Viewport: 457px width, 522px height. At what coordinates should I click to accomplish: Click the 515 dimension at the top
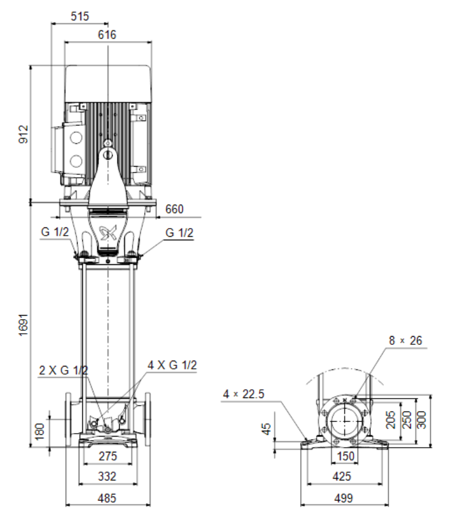click(x=80, y=16)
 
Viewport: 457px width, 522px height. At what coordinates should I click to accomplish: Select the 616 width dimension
click(x=107, y=34)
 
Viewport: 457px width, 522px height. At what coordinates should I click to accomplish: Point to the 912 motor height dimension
click(x=23, y=134)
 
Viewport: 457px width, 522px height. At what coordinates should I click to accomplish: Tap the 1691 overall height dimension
click(x=23, y=325)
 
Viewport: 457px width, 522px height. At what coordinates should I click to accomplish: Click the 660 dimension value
click(x=174, y=209)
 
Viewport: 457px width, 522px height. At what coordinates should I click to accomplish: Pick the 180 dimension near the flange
click(x=39, y=431)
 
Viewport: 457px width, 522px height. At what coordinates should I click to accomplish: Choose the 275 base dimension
click(x=108, y=456)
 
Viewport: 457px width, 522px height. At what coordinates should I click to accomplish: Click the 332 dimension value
click(x=107, y=476)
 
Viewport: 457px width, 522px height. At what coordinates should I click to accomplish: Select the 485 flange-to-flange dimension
click(x=107, y=499)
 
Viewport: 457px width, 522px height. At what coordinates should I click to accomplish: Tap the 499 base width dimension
click(x=344, y=499)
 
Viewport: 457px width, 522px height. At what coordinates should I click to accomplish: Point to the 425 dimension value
click(x=342, y=476)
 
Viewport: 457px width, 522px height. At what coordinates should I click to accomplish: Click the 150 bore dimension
click(x=345, y=456)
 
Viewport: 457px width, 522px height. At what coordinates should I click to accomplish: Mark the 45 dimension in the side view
click(x=266, y=429)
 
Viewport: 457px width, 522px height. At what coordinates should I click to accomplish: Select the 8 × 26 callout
click(x=406, y=341)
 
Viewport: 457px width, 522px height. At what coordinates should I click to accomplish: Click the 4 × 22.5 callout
click(x=244, y=394)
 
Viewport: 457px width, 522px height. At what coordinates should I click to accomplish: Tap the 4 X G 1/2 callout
click(x=172, y=365)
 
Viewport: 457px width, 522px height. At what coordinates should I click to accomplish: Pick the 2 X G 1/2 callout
click(x=64, y=370)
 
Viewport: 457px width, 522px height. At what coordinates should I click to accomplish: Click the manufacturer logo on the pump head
click(x=109, y=233)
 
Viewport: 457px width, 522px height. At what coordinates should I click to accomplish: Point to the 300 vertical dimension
click(x=421, y=420)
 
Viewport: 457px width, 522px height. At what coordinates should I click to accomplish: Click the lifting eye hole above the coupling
click(x=108, y=155)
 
